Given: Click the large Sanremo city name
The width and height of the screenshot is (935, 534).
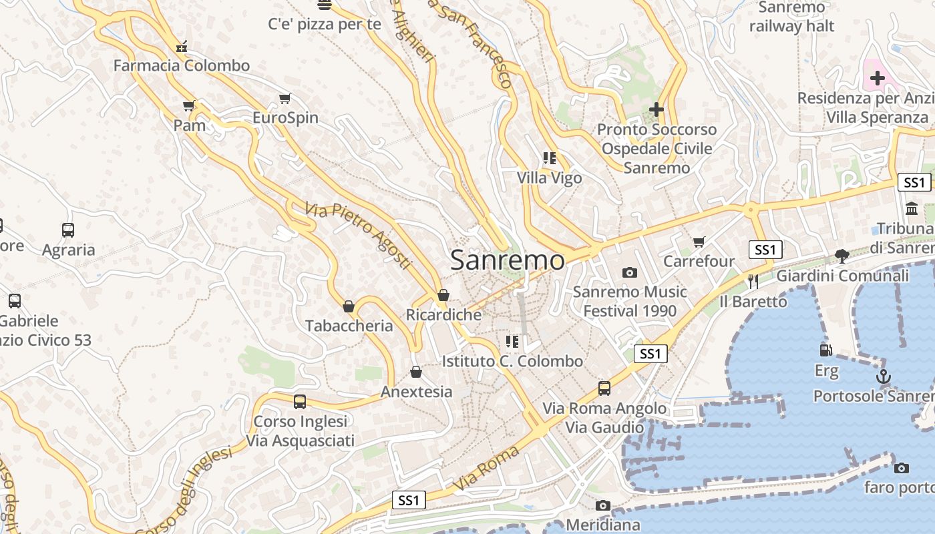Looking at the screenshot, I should tap(507, 260).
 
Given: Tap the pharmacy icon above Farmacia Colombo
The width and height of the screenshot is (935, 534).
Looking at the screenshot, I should tap(181, 47).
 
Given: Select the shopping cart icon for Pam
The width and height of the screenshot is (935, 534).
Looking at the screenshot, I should tap(189, 106).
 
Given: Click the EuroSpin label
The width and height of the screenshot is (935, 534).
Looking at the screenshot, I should tap(285, 118).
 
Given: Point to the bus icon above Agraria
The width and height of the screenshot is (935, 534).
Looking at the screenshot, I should tap(68, 230).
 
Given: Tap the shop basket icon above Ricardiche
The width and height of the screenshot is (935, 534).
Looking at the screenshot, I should tap(443, 295).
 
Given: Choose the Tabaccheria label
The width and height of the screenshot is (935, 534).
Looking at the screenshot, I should tap(349, 326).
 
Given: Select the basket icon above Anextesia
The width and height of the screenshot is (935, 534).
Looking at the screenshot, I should tap(416, 372).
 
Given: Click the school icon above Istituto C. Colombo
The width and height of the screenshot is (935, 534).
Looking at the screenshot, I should tap(512, 342).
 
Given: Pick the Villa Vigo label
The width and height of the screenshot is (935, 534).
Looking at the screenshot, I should tap(549, 178).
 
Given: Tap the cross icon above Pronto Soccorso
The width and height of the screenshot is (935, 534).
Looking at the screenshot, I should tap(657, 109).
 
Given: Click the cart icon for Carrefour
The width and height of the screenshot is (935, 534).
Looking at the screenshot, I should tap(699, 242).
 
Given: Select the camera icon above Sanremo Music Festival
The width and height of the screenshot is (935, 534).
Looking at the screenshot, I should tap(629, 272).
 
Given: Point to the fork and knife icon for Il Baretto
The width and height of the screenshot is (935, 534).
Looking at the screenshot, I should tap(753, 281).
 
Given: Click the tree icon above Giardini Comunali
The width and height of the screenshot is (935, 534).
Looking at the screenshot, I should tap(842, 256).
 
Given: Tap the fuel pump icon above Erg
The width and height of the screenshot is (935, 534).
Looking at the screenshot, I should tap(826, 350).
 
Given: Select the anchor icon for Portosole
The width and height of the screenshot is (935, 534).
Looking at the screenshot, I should tap(884, 376).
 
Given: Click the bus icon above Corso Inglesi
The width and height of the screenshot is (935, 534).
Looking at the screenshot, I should tap(300, 402).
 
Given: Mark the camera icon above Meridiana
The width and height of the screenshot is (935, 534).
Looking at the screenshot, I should tap(603, 505).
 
